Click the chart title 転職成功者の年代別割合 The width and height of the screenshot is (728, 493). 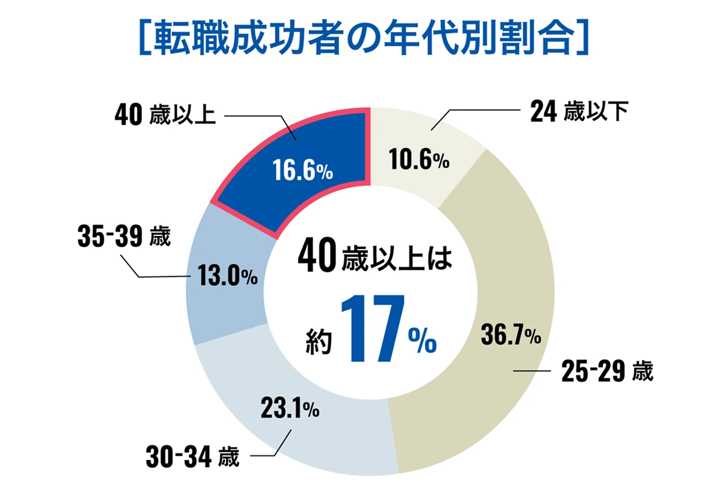coord(364,38)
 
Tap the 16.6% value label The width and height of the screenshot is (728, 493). coord(302,170)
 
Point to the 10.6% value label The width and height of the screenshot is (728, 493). coord(419,159)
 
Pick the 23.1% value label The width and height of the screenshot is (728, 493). coord(290,409)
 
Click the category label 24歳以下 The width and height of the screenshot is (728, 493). coord(579,112)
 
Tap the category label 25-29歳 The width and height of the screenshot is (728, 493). coord(607,371)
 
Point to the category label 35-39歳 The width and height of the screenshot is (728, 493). coord(124,236)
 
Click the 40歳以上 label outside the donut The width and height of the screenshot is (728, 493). coord(165,115)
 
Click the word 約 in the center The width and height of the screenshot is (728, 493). coord(319,341)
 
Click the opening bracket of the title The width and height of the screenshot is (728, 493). coord(143,38)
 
